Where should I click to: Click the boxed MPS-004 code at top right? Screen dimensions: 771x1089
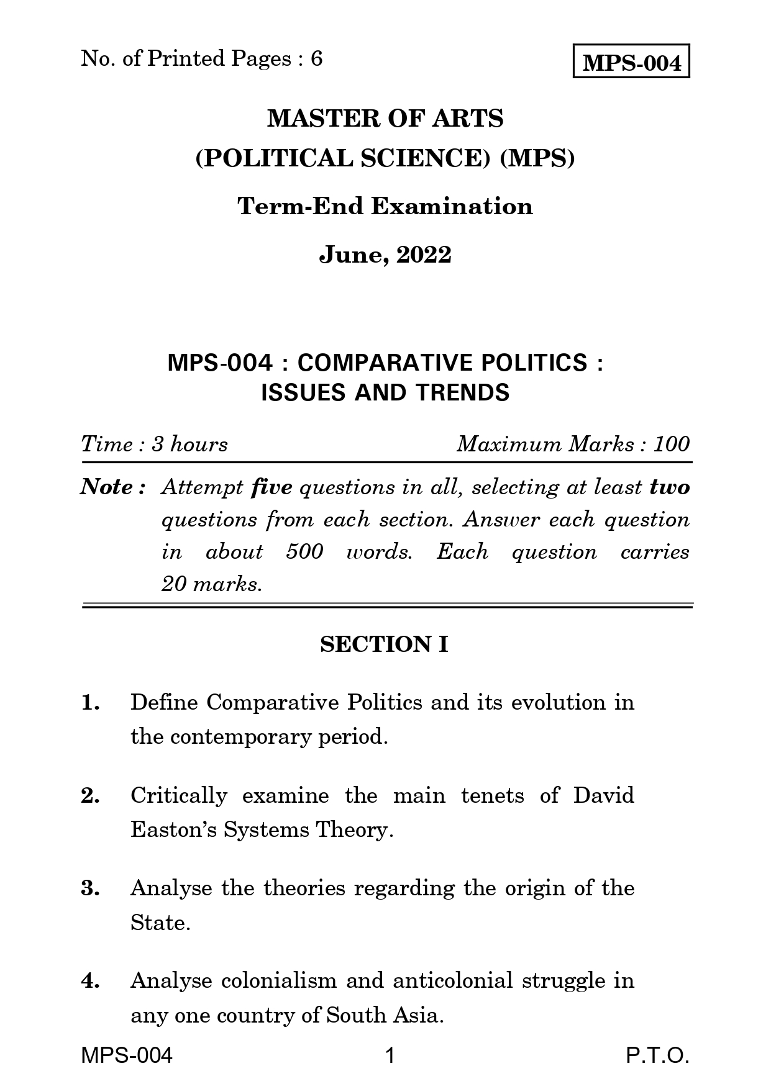631,61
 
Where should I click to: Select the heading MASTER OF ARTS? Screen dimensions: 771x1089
385,118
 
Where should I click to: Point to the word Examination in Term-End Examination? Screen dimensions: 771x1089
452,206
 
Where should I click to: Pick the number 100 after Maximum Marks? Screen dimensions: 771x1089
671,444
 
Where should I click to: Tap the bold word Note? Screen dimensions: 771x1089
106,487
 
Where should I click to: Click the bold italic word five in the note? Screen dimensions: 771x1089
271,487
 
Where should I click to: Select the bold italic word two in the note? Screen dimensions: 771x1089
670,487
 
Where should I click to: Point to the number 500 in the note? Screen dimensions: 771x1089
304,552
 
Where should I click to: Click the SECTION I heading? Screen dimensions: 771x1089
384,644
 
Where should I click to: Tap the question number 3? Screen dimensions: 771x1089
89,888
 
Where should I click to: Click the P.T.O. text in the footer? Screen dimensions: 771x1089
657,1056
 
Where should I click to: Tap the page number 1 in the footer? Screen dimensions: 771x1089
390,1056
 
